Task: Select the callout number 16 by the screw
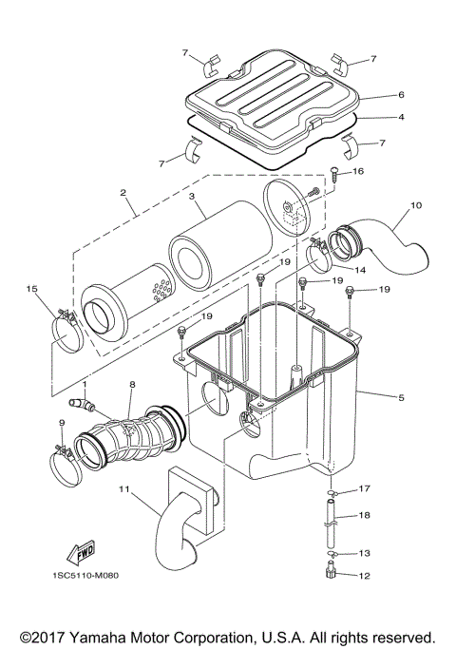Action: [x=358, y=171]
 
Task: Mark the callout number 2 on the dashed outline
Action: [x=123, y=194]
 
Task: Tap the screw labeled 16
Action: [x=335, y=174]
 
